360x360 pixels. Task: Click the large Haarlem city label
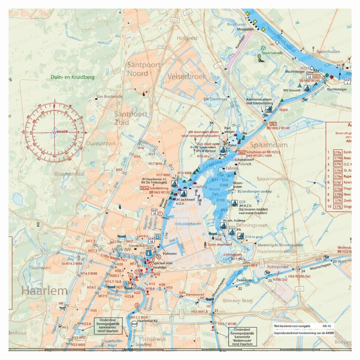point(44,290)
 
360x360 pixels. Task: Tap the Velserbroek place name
point(187,76)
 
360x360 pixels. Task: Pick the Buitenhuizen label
point(328,52)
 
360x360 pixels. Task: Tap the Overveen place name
point(41,268)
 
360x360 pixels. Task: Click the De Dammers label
point(212,99)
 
